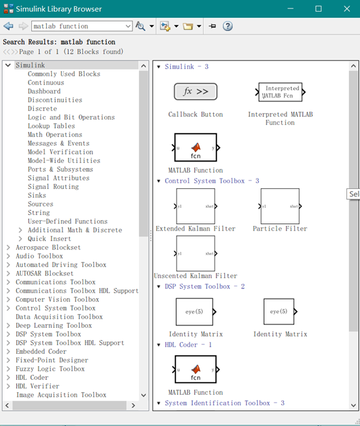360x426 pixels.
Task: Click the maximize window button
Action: pos(318,9)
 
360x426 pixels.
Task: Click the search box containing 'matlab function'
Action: pos(81,26)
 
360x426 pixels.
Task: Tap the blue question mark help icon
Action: pos(227,26)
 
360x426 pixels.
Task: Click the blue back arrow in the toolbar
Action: pos(8,26)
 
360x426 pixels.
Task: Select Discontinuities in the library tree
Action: pos(55,100)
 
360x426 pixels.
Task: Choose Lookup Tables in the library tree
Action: pos(51,126)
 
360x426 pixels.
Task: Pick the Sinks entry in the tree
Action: pos(37,195)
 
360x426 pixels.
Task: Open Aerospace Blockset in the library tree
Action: pos(48,247)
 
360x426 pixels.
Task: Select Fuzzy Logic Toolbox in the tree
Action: pos(50,369)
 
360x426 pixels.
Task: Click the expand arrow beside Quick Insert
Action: pos(20,239)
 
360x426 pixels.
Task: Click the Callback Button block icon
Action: pos(195,92)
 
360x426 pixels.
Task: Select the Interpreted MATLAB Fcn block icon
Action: pos(280,92)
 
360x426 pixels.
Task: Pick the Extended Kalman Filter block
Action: pos(196,206)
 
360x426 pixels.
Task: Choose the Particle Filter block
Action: pos(280,206)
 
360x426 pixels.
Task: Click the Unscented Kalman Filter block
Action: pos(196,253)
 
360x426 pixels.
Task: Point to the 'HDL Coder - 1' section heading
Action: pos(188,345)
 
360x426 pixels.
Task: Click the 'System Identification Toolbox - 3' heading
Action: pos(224,403)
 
